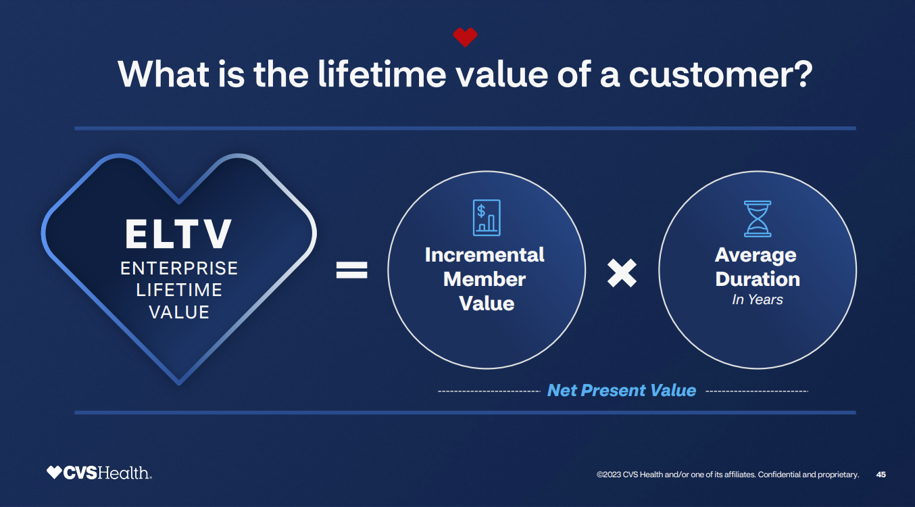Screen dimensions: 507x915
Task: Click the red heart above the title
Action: point(465,37)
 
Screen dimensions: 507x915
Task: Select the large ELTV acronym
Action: point(178,234)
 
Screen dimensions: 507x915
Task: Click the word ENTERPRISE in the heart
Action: point(179,268)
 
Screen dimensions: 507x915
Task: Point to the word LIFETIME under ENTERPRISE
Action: point(179,290)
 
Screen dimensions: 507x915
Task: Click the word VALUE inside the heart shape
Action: point(179,312)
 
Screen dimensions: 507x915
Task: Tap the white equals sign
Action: point(352,271)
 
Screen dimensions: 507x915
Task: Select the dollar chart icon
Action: point(487,218)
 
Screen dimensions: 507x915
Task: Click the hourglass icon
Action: point(757,218)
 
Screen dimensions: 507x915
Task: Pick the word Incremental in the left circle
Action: point(485,255)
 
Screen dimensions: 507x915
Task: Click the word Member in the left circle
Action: point(485,279)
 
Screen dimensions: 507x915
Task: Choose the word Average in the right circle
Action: point(756,255)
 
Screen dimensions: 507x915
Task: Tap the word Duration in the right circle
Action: point(758,279)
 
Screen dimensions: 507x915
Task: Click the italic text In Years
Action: point(757,299)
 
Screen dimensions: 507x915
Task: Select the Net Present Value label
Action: point(621,391)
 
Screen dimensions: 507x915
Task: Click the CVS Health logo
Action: point(99,473)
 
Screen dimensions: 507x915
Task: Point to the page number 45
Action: point(881,475)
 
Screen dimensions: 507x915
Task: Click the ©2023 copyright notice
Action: point(727,475)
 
